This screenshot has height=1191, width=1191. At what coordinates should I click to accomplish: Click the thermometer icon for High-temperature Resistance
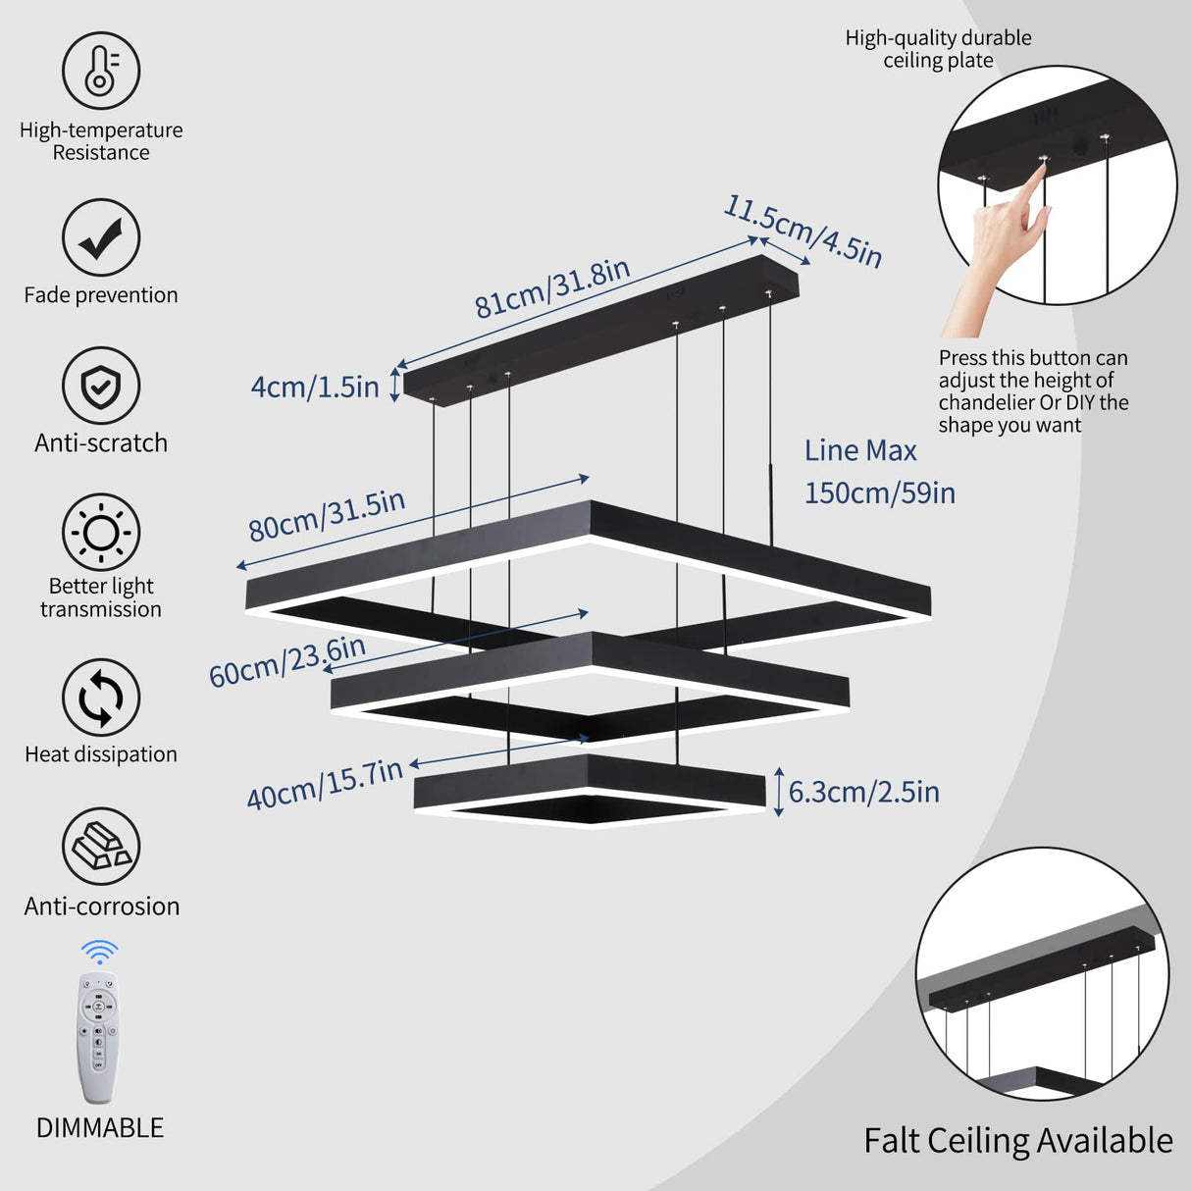click(x=101, y=71)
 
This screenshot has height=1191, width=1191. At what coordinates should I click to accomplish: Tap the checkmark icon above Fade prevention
click(x=101, y=237)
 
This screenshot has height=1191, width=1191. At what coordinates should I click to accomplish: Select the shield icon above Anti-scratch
click(x=101, y=386)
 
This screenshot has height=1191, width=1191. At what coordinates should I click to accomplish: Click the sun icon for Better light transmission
click(x=101, y=533)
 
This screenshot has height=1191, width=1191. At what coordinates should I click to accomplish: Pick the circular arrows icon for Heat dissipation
click(x=101, y=698)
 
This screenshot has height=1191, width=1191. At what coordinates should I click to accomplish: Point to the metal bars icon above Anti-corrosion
click(x=101, y=847)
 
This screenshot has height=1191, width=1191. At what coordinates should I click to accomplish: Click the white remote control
click(x=98, y=1036)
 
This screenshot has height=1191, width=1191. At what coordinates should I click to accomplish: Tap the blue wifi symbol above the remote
click(x=99, y=952)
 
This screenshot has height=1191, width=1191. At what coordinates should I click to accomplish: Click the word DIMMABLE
click(x=100, y=1128)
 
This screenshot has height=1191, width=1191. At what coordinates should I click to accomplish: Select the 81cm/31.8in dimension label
click(x=552, y=288)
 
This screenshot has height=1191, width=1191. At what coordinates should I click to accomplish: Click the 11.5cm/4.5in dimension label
click(x=803, y=232)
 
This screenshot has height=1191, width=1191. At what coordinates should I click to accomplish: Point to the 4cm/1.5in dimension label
click(x=315, y=387)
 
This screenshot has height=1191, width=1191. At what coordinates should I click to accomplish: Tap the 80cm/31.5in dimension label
click(x=327, y=515)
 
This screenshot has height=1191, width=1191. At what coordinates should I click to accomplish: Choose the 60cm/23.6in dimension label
click(x=287, y=661)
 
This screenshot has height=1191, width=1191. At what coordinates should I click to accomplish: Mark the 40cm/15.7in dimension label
click(x=325, y=784)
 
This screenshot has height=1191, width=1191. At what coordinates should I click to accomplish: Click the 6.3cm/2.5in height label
click(x=863, y=792)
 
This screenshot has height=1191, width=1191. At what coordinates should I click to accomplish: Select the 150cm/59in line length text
click(x=879, y=492)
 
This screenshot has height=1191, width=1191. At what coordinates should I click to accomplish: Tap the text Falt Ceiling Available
click(x=1017, y=1141)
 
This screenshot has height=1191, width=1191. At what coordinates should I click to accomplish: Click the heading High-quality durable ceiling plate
click(x=938, y=49)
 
